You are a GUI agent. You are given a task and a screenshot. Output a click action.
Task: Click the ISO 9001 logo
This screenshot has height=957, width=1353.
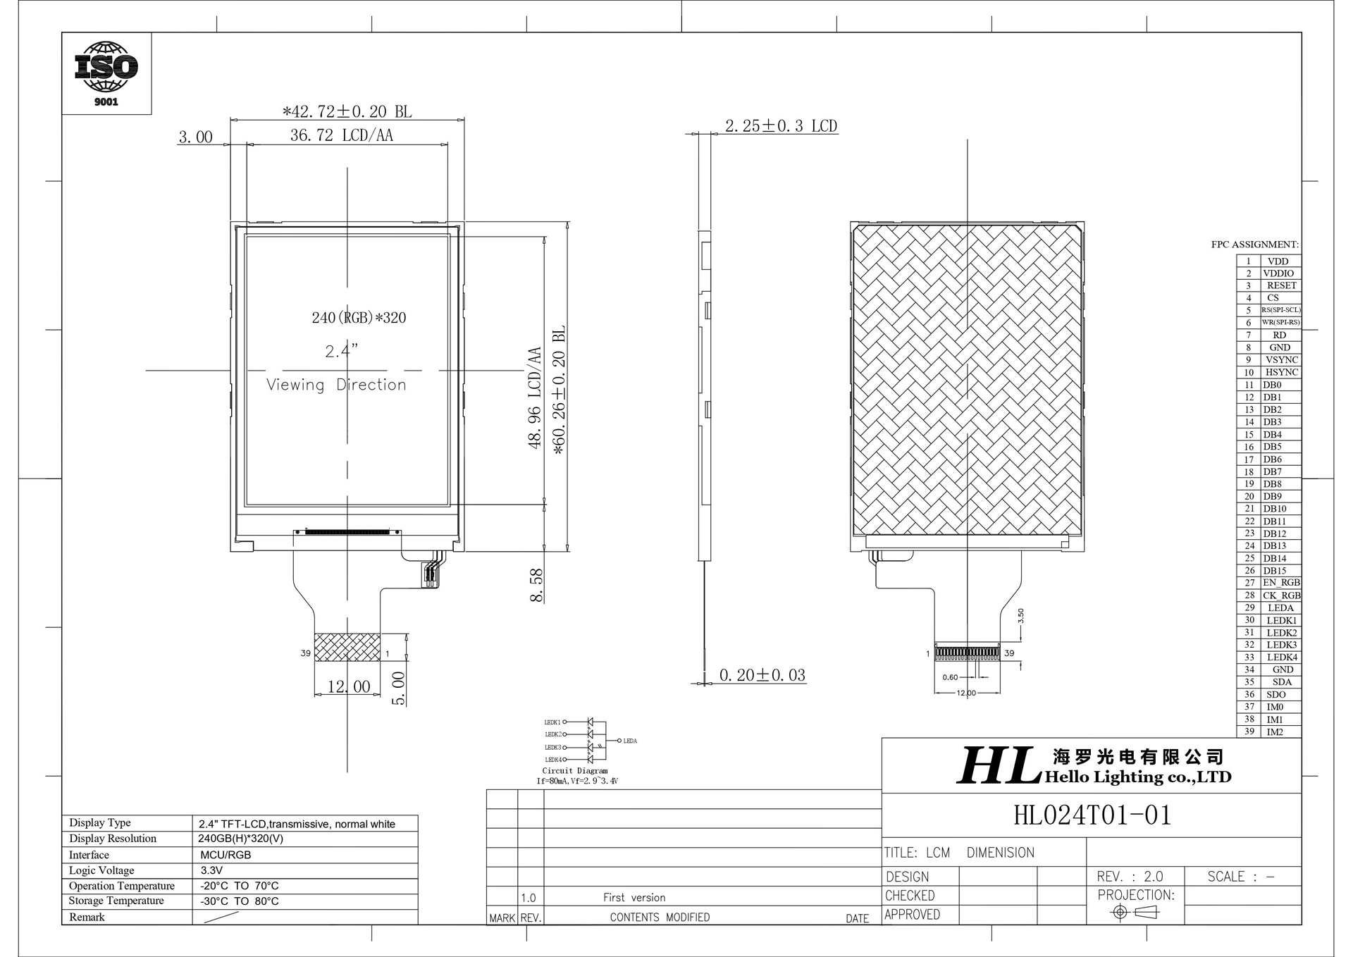click(x=106, y=73)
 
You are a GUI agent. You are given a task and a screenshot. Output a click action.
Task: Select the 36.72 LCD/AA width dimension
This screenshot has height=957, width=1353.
click(x=341, y=135)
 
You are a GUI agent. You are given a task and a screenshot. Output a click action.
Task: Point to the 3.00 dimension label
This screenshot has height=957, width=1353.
click(x=195, y=137)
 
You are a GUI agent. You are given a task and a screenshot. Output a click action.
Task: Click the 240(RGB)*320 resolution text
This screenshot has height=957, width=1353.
click(x=359, y=318)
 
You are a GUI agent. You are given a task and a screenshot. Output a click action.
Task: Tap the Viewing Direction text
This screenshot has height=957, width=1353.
click(x=336, y=385)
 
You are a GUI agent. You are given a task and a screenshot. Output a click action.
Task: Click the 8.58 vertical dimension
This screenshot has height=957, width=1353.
click(x=537, y=585)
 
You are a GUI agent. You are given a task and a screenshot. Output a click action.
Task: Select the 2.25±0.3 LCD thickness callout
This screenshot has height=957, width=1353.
click(x=781, y=126)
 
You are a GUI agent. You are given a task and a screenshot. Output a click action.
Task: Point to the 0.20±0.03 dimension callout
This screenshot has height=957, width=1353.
click(x=762, y=675)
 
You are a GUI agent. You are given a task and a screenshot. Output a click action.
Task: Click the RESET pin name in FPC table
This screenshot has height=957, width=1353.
click(x=1281, y=285)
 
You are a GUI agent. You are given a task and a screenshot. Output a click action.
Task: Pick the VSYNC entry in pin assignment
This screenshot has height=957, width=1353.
click(x=1281, y=359)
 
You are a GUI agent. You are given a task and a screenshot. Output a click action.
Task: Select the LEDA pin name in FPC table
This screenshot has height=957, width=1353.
click(x=1280, y=607)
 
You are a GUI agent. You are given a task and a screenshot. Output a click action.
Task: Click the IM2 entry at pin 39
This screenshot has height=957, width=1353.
click(x=1275, y=731)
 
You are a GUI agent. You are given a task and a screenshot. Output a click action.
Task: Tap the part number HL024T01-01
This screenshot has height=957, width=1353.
click(x=1092, y=815)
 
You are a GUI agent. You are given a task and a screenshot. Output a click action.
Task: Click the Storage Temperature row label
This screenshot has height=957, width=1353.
click(x=116, y=901)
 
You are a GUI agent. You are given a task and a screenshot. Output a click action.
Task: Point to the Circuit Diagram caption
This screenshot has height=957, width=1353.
click(x=574, y=771)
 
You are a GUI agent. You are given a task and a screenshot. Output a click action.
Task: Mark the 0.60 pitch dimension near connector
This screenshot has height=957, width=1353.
click(x=950, y=677)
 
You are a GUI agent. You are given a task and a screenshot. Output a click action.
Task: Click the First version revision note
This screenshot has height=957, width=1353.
click(x=634, y=897)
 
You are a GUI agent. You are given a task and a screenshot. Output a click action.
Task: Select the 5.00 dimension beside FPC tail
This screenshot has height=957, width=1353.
click(x=398, y=688)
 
